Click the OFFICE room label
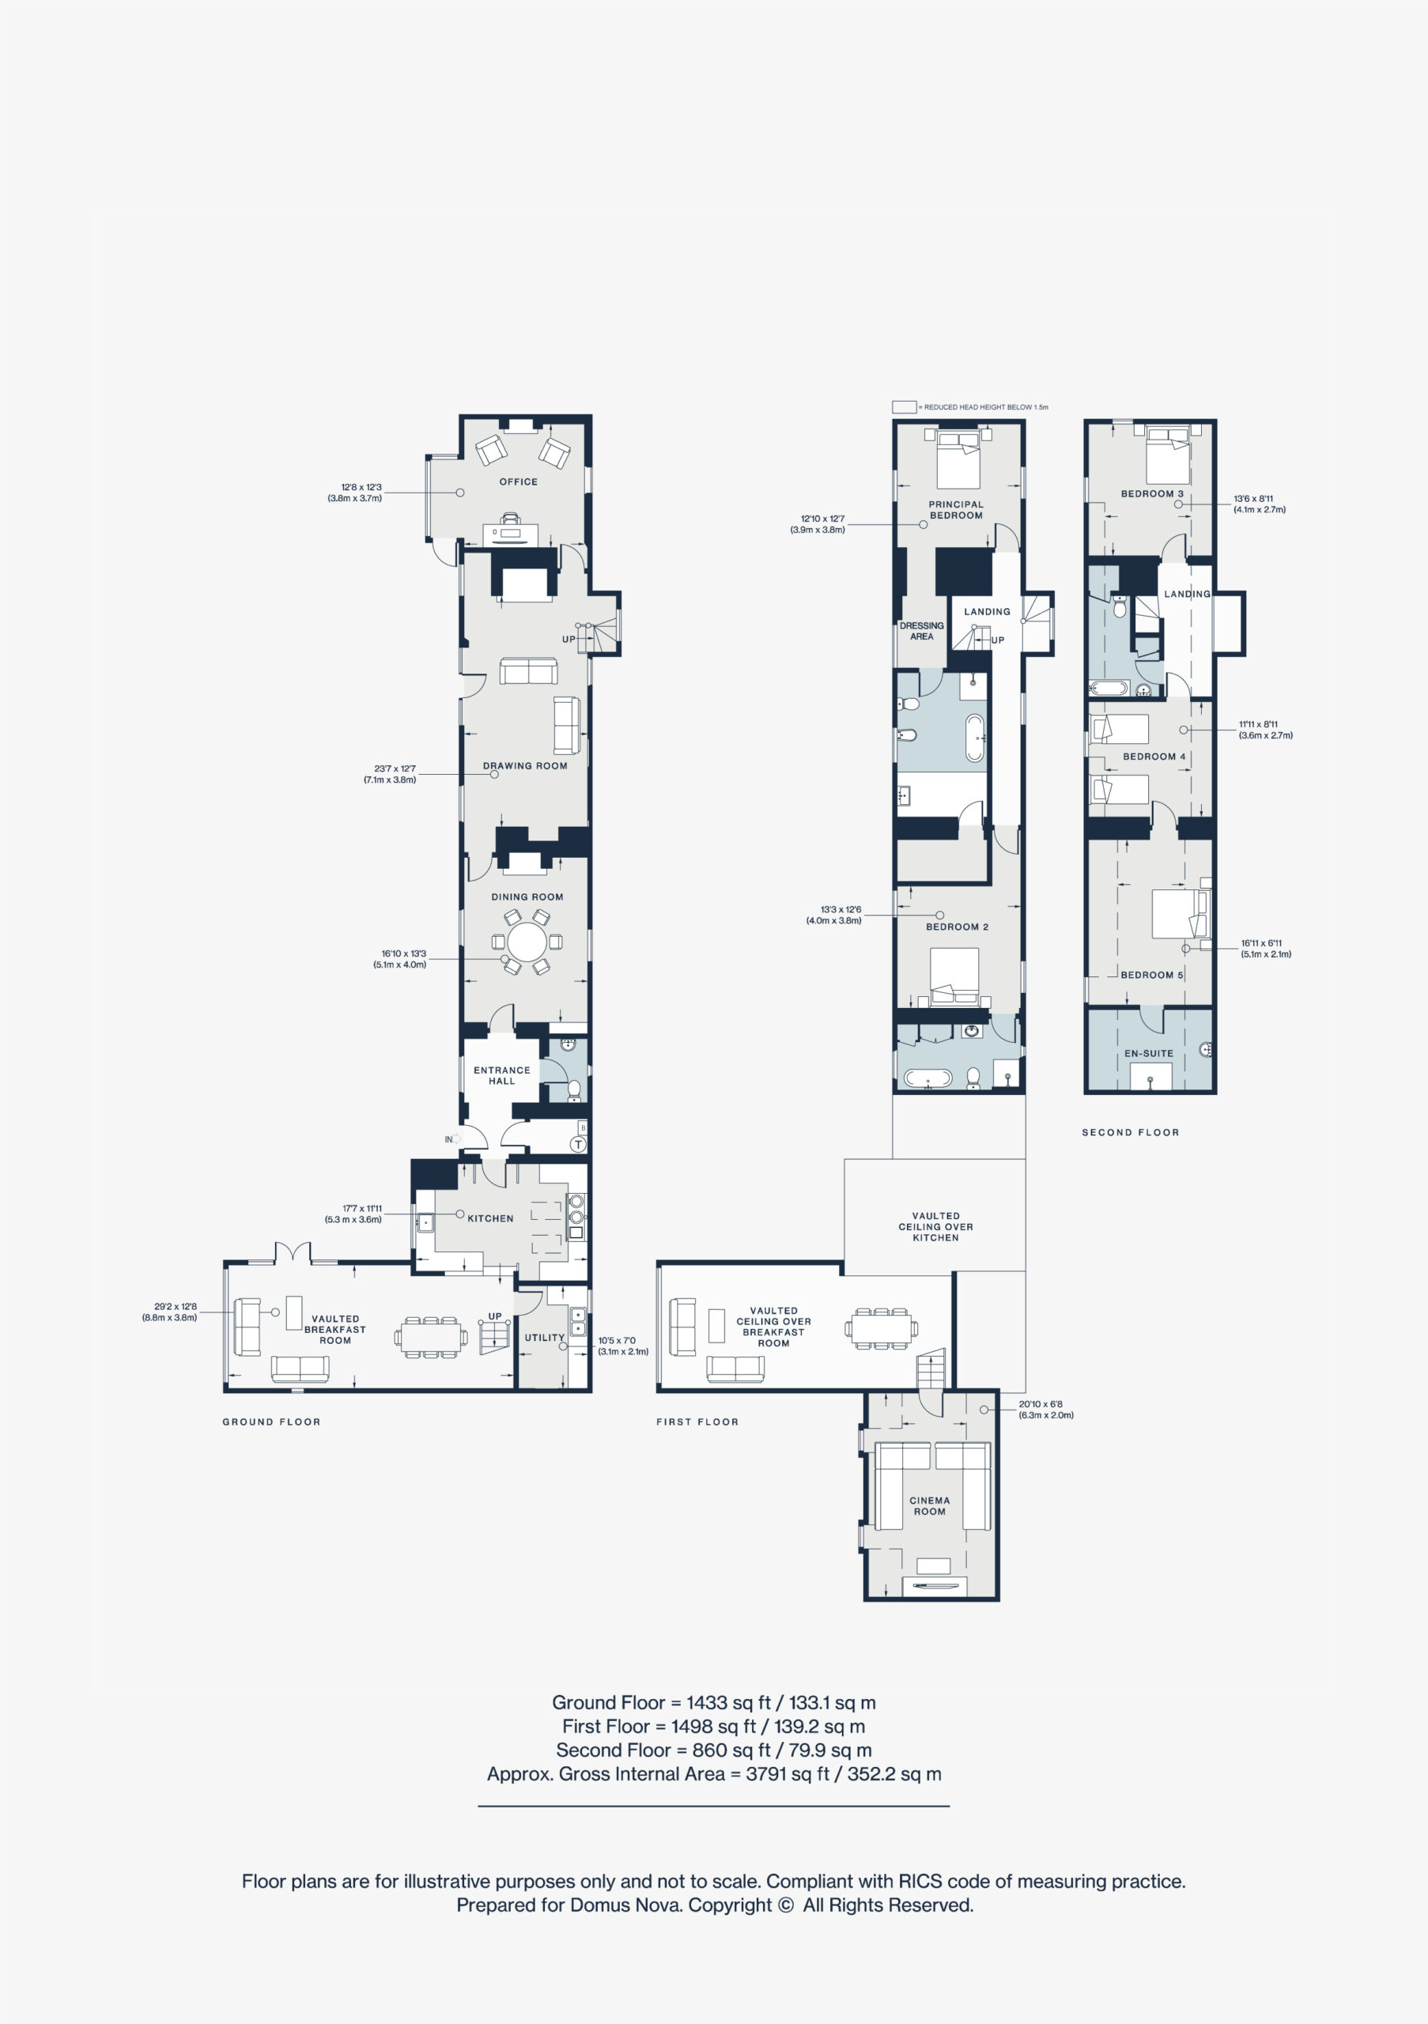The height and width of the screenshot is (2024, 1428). point(519,482)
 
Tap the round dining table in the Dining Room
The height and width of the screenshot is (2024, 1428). point(527,942)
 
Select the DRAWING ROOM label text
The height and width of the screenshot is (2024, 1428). point(524,766)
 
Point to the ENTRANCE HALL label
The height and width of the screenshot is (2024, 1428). point(501,1075)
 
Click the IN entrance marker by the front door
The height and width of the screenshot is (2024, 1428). point(448,1140)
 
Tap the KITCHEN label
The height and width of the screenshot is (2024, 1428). point(490,1218)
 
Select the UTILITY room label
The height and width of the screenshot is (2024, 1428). point(544,1337)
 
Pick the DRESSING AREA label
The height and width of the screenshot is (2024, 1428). point(921,631)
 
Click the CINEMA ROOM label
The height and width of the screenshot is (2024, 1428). point(929,1505)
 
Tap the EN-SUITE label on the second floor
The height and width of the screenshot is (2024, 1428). point(1149,1053)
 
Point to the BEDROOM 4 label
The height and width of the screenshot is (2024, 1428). point(1154,757)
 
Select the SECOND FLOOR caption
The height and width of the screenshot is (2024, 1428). point(1130,1133)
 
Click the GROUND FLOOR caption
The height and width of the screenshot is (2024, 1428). point(271,1422)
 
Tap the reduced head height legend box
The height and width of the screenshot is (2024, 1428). point(904,407)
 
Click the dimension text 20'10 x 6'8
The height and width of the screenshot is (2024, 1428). point(1040,1404)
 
